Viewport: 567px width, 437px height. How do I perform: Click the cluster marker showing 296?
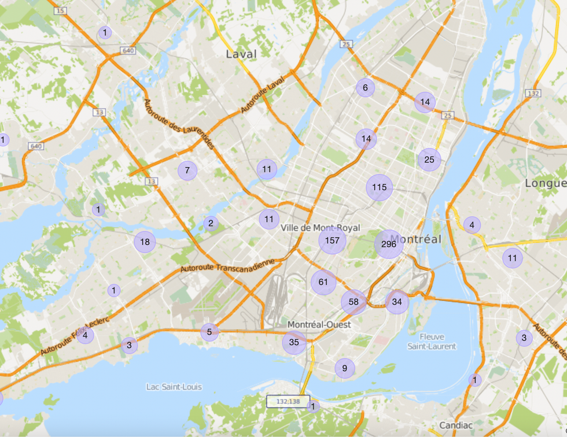click(x=389, y=245)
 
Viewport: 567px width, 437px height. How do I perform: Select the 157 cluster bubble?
click(x=332, y=240)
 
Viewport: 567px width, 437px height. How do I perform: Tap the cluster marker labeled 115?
click(x=380, y=187)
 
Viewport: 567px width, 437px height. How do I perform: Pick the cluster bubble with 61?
click(x=323, y=282)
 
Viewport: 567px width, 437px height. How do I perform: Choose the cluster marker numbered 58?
click(x=354, y=302)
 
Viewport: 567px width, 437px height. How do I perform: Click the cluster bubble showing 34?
click(x=397, y=302)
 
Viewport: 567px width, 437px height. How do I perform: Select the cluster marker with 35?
click(x=294, y=342)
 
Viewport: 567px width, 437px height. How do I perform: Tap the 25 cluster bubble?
click(x=429, y=160)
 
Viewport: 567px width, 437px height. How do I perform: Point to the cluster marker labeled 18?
click(x=145, y=242)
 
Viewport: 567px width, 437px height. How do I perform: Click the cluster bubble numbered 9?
click(x=344, y=368)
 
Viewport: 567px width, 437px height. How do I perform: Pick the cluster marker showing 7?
click(x=187, y=171)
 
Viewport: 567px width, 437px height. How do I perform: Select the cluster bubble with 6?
click(x=365, y=88)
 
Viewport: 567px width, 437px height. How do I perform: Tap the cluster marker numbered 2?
click(x=211, y=223)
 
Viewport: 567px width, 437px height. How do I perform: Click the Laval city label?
click(x=241, y=54)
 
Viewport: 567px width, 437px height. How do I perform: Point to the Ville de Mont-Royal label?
click(x=320, y=228)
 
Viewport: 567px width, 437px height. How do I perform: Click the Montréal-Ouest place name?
click(x=319, y=324)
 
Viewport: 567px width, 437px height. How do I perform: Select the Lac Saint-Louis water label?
click(x=174, y=387)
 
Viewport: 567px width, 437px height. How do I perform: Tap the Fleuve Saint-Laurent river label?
click(x=432, y=341)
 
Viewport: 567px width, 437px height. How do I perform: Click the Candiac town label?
click(x=456, y=425)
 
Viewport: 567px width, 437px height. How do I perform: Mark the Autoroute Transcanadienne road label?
click(x=227, y=265)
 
